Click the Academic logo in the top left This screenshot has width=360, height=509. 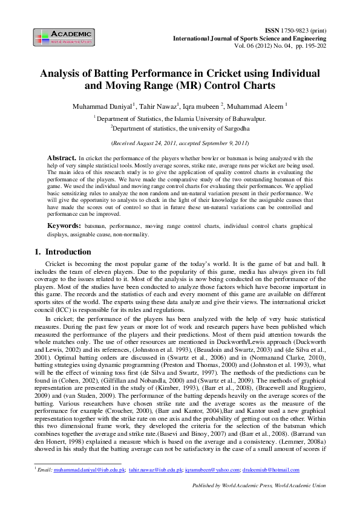click(64, 36)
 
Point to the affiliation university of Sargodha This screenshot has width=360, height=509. click(213, 128)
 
